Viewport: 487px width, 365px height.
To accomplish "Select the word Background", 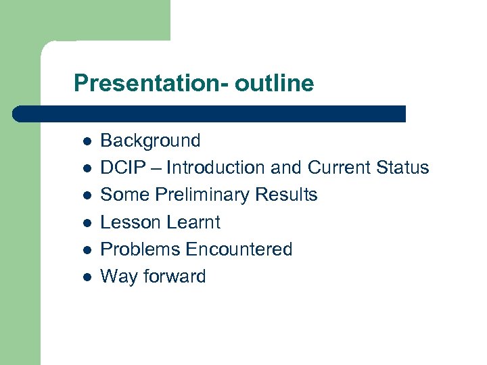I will (150, 141).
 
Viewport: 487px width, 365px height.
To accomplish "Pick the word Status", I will (404, 168).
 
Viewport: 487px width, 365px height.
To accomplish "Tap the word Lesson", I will (129, 222).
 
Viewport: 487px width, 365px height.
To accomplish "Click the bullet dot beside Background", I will (87, 141).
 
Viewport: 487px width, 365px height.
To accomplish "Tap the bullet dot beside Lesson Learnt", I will (87, 222).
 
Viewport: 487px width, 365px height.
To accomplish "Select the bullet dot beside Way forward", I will (87, 277).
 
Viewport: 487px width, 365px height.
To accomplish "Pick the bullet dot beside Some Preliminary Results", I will (87, 195).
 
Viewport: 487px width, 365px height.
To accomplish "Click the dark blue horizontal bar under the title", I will (210, 114).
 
